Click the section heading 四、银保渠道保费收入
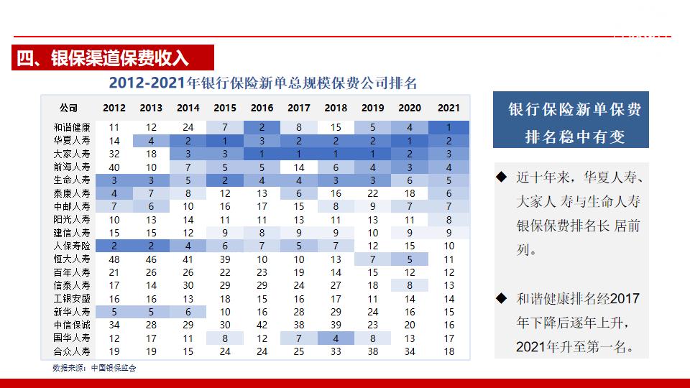102,58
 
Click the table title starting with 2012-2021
263,83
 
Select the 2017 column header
299,108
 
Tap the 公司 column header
68,108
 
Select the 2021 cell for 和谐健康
448,127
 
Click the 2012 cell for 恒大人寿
114,259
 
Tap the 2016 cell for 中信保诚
262,325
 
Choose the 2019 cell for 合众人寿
372,351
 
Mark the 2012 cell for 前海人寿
114,167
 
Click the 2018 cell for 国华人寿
336,338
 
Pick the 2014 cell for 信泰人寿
188,285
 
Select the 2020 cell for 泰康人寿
410,193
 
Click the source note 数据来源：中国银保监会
94,367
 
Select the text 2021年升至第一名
575,346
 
